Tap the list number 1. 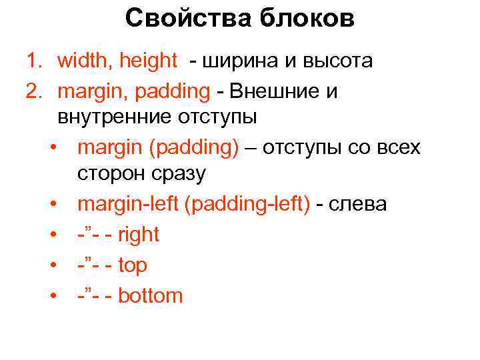(x=33, y=61)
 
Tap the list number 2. (x=33, y=91)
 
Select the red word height (x=149, y=61)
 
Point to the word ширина (x=242, y=61)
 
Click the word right (x=139, y=235)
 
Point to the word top (x=133, y=265)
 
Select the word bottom (x=150, y=295)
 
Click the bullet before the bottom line (x=53, y=296)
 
